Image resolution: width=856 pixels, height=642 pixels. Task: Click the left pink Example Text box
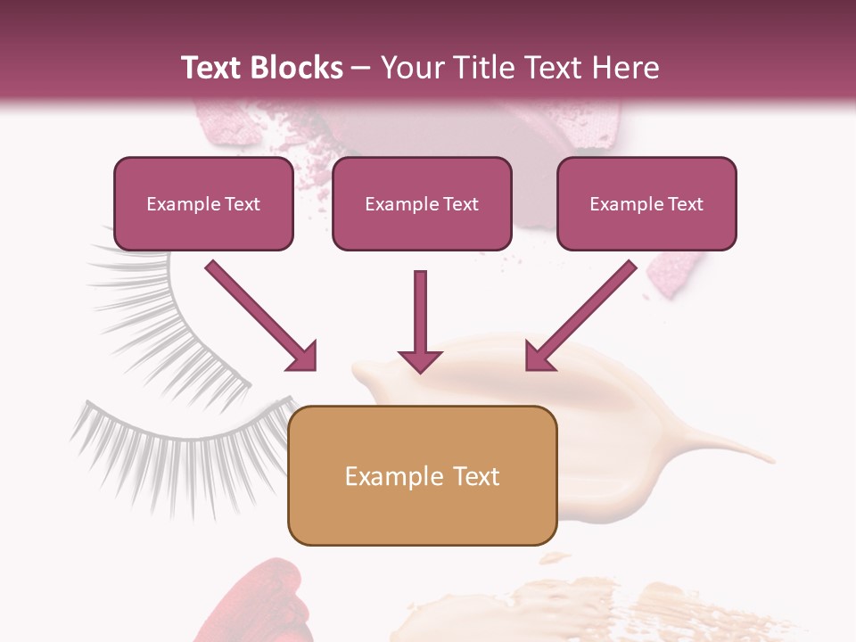[x=203, y=204]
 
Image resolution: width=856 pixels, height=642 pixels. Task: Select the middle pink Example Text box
[x=422, y=204]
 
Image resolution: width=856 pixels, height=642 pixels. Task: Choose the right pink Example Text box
[x=646, y=204]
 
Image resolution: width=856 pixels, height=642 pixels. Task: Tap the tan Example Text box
[x=422, y=475]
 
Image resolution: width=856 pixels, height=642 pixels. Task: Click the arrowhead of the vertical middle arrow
[x=420, y=360]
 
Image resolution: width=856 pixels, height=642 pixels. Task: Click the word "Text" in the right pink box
[x=685, y=204]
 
